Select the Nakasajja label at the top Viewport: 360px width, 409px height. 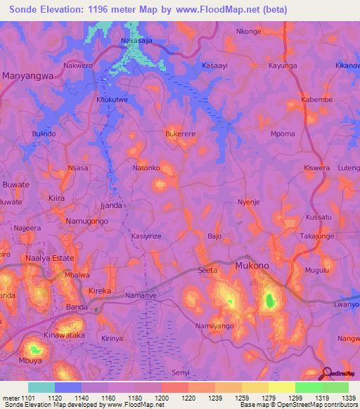(x=136, y=41)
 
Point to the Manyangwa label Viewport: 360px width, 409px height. (x=27, y=74)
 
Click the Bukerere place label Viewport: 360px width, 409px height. (x=180, y=133)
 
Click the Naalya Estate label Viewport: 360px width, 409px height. (x=49, y=258)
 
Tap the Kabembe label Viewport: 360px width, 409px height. (x=316, y=100)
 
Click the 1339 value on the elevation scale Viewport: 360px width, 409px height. (x=349, y=398)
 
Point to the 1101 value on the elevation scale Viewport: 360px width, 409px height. (x=24, y=398)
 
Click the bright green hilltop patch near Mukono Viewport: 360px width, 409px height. (x=269, y=302)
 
